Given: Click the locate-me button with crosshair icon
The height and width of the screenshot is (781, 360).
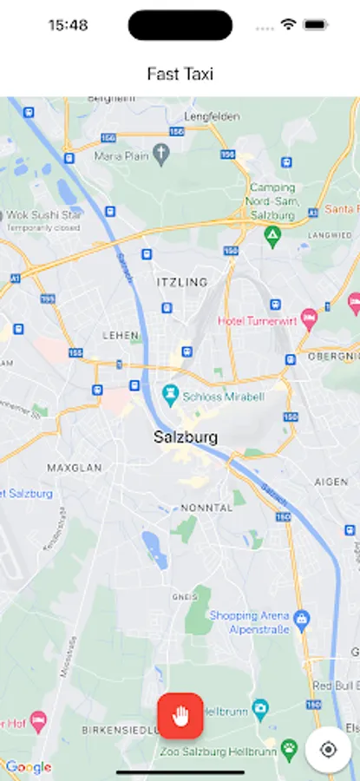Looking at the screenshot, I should point(328,749).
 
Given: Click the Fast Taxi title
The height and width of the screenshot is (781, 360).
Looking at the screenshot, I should point(180,74).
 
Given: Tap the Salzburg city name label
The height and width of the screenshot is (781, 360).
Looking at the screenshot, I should point(186,437).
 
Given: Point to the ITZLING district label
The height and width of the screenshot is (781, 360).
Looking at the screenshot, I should point(182,282).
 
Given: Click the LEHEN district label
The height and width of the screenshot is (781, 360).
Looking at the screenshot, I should point(121,334).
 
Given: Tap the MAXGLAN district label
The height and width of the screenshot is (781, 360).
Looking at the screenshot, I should point(75,468).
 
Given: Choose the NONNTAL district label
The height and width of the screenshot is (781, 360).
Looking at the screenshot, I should point(206,508).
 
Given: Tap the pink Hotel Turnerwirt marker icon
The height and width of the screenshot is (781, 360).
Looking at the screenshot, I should point(308,319).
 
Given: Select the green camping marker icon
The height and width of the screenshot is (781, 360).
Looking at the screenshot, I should point(272,235).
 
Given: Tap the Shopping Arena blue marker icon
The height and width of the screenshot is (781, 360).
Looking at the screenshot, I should point(301,620).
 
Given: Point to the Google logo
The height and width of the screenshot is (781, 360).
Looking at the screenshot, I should point(28,767).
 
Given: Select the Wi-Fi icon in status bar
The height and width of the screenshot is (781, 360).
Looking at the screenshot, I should point(288,25).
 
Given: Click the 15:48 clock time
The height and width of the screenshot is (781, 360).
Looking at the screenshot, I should point(68,25).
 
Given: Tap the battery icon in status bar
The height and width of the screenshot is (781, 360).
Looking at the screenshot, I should point(314,25).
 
